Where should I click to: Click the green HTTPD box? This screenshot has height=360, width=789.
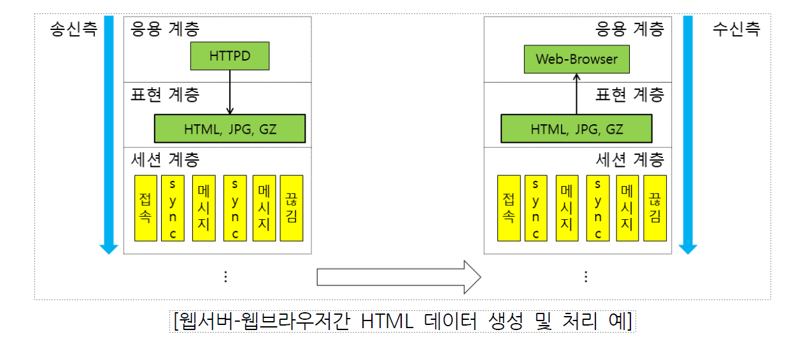[x=230, y=57]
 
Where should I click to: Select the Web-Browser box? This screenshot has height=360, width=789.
[x=577, y=59]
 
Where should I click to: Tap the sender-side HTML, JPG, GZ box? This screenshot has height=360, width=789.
[x=230, y=129]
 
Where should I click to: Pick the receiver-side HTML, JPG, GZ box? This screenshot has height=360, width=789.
[x=576, y=129]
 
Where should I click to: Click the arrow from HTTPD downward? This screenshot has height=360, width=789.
[x=230, y=92]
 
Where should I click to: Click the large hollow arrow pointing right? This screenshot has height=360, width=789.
[x=399, y=277]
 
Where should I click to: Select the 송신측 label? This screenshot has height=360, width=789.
[x=73, y=29]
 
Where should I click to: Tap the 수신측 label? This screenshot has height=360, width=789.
[x=736, y=29]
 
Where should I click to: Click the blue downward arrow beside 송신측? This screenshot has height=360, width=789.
[x=109, y=134]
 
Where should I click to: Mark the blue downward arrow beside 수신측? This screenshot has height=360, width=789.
[x=687, y=134]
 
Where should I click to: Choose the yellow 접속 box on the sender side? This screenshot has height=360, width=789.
[x=145, y=208]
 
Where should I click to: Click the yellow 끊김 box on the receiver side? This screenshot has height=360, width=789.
[x=655, y=208]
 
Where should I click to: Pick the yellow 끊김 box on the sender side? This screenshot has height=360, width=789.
[x=292, y=208]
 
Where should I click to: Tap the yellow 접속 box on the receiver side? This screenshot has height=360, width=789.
[x=509, y=208]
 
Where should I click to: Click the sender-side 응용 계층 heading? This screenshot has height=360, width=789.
[x=164, y=29]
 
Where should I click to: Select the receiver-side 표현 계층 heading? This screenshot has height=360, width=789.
[x=629, y=94]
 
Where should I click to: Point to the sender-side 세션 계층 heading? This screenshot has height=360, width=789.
[x=164, y=159]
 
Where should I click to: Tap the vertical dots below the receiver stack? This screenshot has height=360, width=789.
[x=586, y=276]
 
